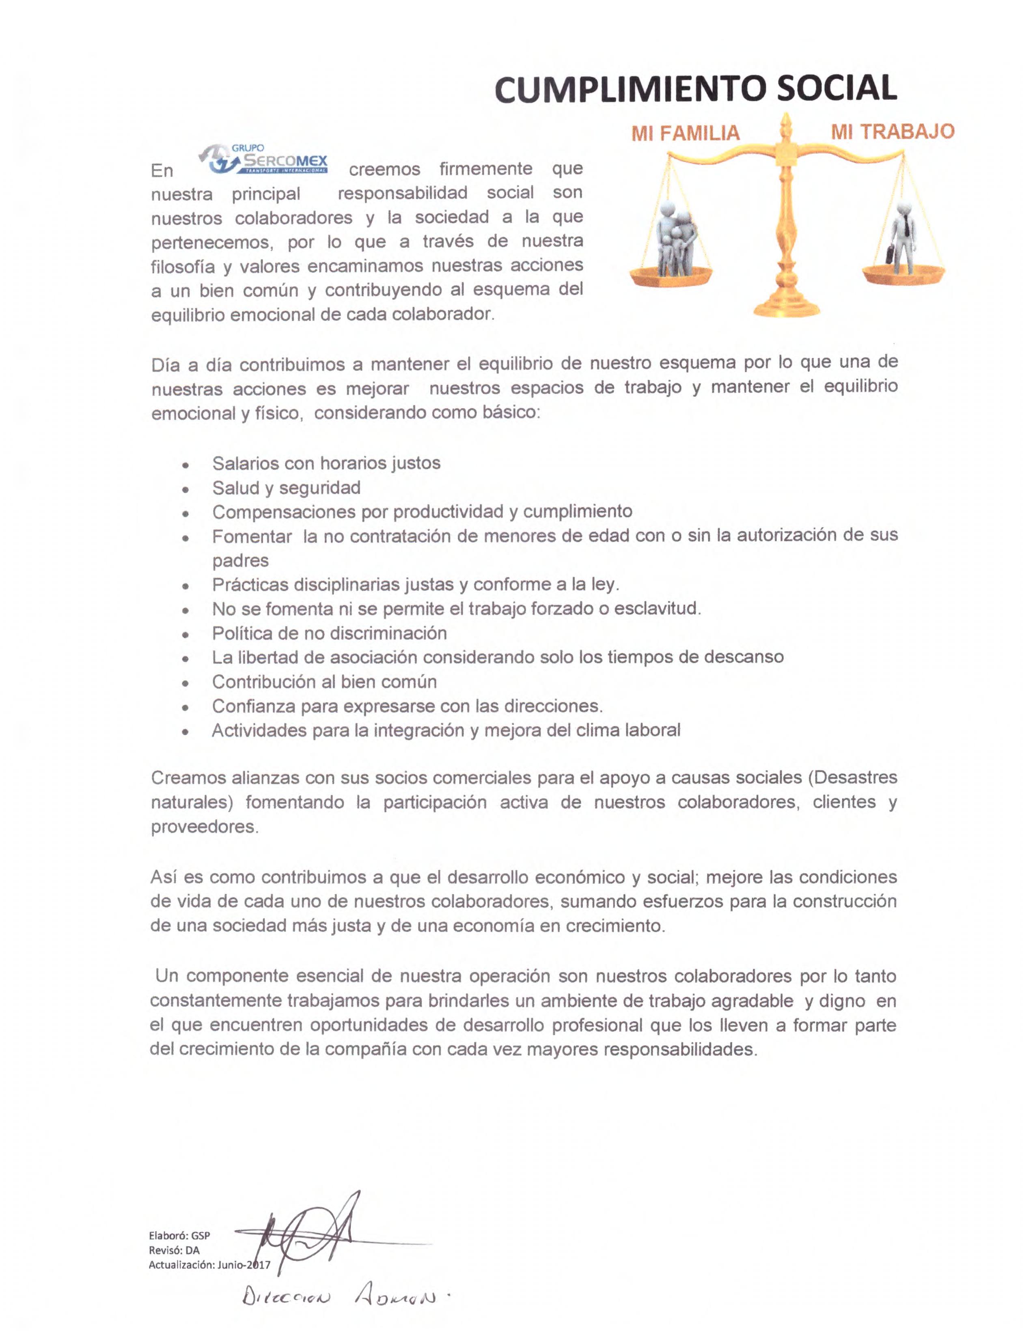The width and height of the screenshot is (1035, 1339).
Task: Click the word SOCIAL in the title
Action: click(x=837, y=89)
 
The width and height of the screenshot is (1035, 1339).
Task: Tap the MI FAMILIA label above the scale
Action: click(x=686, y=133)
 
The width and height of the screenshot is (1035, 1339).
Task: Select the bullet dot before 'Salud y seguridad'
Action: click(x=185, y=489)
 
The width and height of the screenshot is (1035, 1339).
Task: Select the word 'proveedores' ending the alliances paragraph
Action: click(x=204, y=827)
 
